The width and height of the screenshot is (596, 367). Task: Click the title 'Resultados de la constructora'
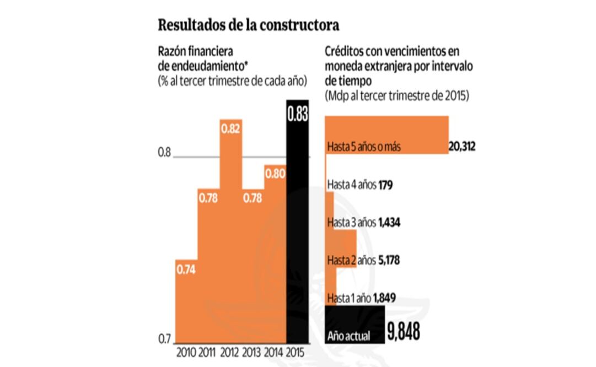(x=248, y=25)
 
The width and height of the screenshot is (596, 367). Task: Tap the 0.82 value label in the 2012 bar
(x=231, y=128)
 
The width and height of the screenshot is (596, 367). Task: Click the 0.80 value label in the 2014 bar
(x=275, y=174)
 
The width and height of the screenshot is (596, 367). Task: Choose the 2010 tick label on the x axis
(x=186, y=352)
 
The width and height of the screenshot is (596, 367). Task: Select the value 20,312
(x=462, y=147)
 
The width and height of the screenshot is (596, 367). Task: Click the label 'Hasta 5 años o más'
(x=363, y=147)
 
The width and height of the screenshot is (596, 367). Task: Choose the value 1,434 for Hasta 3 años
(x=389, y=223)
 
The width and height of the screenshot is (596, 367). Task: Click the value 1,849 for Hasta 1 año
(x=384, y=298)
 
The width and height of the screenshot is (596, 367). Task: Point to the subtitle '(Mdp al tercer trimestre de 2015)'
(x=396, y=95)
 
